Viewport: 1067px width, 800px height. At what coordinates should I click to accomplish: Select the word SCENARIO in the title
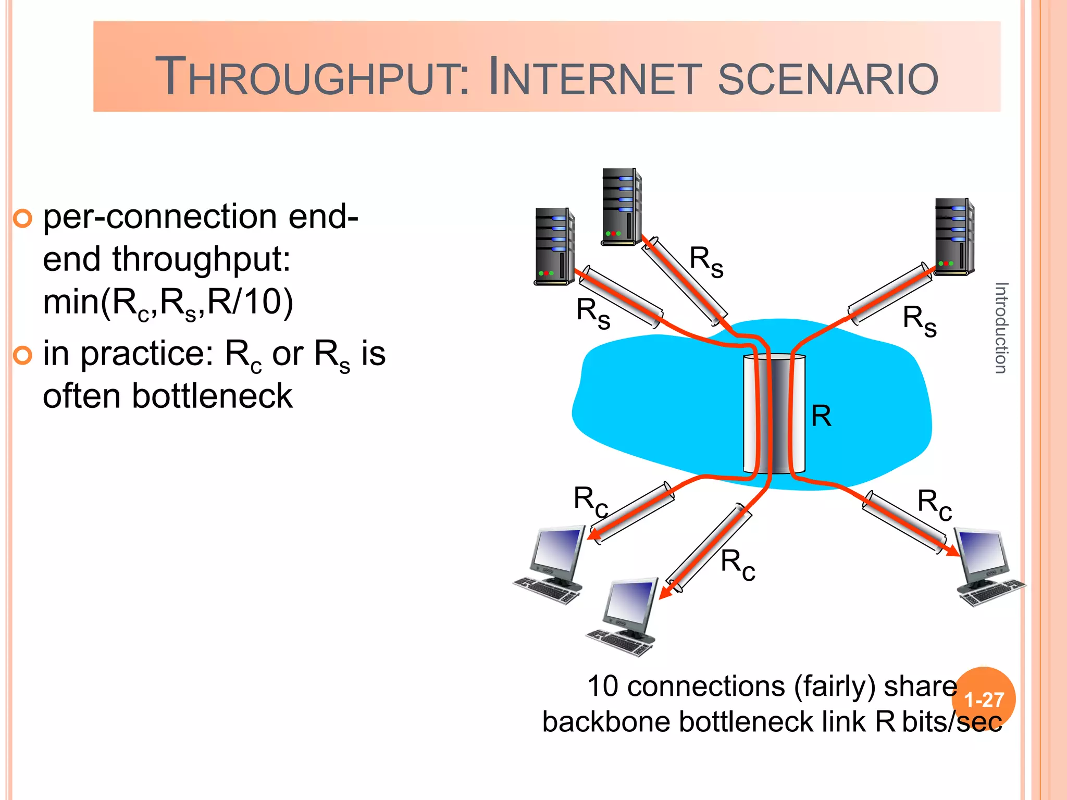point(828,78)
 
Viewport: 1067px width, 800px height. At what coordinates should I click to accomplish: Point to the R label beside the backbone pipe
point(821,416)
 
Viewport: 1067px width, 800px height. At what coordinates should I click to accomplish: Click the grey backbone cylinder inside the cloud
point(775,414)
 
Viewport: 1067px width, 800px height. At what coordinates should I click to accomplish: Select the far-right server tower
point(954,237)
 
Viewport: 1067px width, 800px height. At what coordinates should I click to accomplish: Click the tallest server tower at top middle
point(622,207)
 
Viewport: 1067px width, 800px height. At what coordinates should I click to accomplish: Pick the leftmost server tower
point(554,246)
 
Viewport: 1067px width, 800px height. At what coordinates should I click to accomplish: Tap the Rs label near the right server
point(920,320)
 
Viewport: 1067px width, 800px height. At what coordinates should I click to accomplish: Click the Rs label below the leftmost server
point(593,313)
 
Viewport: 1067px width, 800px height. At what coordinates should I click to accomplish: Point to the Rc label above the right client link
point(935,504)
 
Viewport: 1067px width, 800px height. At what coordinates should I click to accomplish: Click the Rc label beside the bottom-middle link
point(738,565)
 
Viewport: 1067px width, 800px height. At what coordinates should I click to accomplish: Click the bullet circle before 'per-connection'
point(22,219)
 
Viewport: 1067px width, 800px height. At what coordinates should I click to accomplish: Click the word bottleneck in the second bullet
point(212,396)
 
